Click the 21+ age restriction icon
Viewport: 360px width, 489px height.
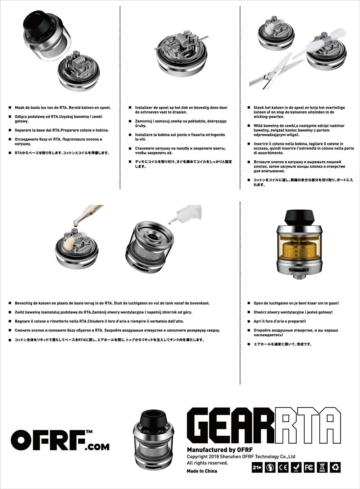(x=257, y=467)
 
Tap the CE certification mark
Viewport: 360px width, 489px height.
(x=283, y=467)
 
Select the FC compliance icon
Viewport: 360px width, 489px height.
(x=309, y=467)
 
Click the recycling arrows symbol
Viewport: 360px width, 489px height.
(x=335, y=467)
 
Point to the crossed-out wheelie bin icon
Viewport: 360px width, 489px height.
(x=322, y=467)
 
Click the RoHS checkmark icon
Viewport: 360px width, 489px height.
(x=296, y=467)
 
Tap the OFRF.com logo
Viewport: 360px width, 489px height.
(x=60, y=440)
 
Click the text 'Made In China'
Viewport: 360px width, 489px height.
(x=202, y=471)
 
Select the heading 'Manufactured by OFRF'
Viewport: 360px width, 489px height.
(x=220, y=450)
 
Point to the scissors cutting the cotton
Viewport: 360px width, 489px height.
(x=274, y=72)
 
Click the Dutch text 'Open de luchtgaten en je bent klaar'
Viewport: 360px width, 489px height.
(x=296, y=303)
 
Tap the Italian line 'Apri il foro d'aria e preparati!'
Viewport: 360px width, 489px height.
(x=279, y=321)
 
